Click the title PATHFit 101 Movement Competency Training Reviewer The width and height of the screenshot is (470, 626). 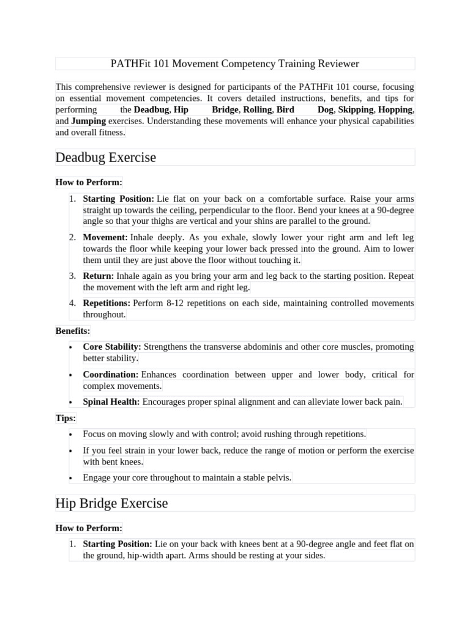[x=234, y=64]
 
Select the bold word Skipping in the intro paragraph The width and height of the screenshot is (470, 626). [x=356, y=109]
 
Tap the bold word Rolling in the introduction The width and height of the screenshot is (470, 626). [x=257, y=109]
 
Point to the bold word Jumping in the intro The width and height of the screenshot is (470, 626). [x=88, y=121]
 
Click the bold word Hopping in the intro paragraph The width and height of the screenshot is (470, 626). [x=395, y=109]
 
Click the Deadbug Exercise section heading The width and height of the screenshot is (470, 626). [x=105, y=157]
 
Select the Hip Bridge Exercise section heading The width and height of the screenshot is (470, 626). [x=111, y=503]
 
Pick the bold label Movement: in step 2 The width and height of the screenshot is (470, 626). [x=105, y=237]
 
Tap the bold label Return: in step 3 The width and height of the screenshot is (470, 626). [x=98, y=276]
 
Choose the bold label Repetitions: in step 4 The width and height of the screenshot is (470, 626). [x=106, y=303]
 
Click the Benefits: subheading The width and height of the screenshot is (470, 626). [x=72, y=331]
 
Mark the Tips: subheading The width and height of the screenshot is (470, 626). [x=65, y=418]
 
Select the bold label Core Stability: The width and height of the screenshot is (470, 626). [x=112, y=347]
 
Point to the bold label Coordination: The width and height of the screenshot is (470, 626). [x=110, y=374]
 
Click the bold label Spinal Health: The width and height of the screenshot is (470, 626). [x=111, y=402]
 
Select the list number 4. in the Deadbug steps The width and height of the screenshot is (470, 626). [x=72, y=303]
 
